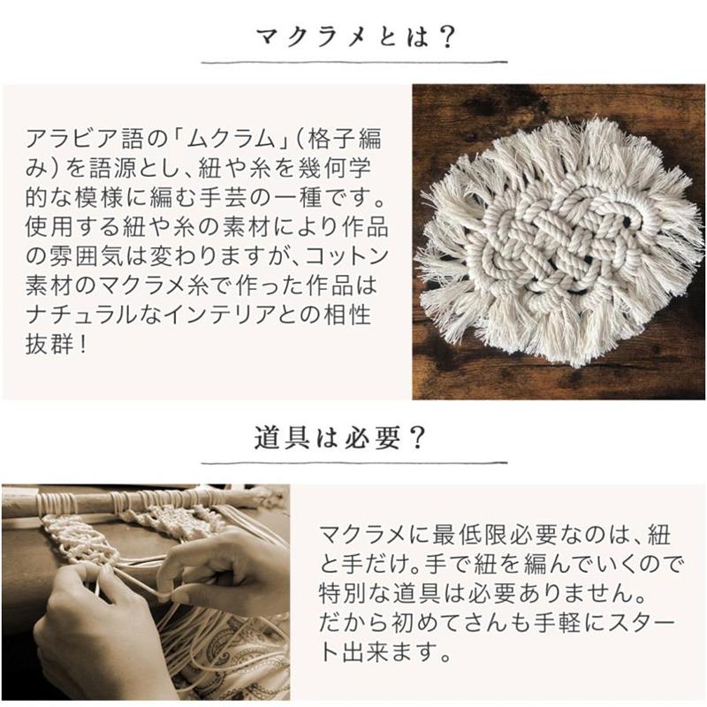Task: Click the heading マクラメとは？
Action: coord(356,37)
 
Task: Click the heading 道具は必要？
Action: coord(340,437)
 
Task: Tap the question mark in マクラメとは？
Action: coord(445,37)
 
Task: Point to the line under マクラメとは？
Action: coord(354,62)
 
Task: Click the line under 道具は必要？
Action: coord(354,462)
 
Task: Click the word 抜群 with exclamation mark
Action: coord(56,344)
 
